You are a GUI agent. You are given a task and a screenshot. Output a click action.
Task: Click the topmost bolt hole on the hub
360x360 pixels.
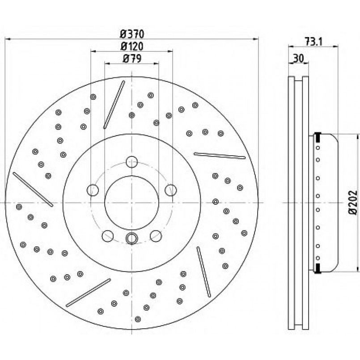coord(131,161)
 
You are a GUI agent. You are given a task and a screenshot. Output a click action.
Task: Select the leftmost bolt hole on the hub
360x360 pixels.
coord(93,190)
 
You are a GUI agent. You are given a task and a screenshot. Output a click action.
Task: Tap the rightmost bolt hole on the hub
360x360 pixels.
coord(170,190)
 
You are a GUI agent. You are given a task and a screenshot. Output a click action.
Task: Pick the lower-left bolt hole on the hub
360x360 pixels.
coord(107,235)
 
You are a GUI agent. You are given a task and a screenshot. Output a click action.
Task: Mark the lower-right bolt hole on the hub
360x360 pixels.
coord(155,235)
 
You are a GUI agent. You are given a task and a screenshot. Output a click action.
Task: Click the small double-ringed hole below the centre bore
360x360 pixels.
coord(131,238)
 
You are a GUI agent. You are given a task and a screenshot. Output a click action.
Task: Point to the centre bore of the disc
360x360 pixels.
coord(131,202)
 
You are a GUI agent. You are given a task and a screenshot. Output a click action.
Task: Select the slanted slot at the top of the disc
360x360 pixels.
coord(114,104)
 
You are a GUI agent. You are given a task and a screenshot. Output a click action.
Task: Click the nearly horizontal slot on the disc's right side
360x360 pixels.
coord(220,156)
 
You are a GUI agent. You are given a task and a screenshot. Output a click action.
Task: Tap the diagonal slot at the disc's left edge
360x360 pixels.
coord(33,190)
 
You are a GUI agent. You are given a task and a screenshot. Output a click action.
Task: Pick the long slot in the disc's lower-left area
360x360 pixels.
coord(88,292)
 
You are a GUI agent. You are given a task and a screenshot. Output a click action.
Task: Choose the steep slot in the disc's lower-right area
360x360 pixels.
coord(203,272)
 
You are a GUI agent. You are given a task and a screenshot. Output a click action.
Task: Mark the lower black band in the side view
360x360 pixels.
coord(318,268)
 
